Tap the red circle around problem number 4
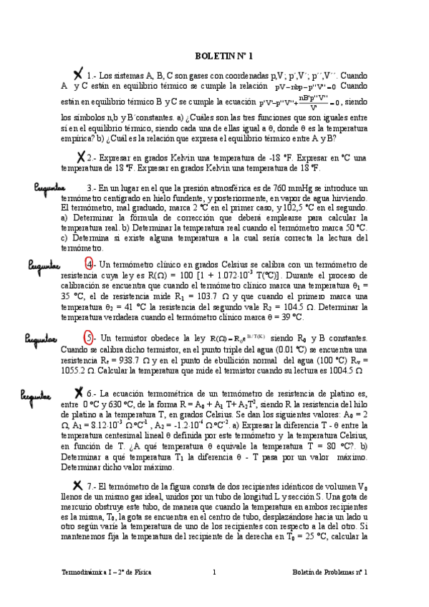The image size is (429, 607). (89, 263)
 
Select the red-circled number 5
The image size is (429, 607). (89, 317)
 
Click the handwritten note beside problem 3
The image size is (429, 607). (45, 187)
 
